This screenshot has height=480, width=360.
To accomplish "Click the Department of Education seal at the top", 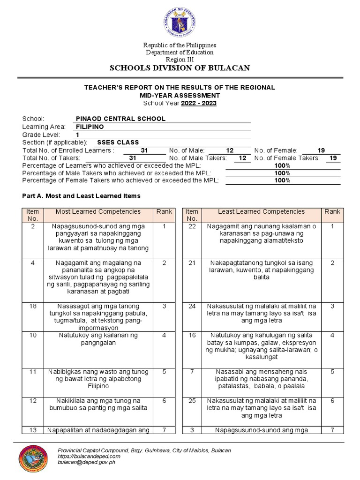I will [180, 22].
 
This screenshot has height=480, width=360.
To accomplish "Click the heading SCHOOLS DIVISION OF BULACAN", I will [180, 68].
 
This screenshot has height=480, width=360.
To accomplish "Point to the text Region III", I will [180, 60].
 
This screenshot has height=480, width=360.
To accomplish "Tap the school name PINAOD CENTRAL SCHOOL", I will [120, 119].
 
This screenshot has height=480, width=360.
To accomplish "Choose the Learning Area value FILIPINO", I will [90, 127].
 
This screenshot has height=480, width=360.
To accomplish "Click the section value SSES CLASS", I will [118, 142].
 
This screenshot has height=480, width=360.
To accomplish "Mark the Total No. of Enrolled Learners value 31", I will [144, 150].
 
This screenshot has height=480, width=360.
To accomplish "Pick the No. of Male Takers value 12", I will [242, 158].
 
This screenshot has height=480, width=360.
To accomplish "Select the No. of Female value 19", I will [321, 150].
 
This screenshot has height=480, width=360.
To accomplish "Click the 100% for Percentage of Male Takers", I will [282, 173].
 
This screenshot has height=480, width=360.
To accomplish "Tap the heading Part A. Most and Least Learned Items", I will [81, 196].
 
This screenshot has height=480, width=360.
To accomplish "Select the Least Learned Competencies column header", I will [261, 212].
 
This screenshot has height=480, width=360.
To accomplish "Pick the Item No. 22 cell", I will [191, 226].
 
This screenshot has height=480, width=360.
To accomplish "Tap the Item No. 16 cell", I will [191, 336].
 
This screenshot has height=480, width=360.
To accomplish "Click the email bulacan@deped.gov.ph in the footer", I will [86, 462].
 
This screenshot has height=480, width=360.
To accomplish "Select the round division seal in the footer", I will [33, 459].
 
